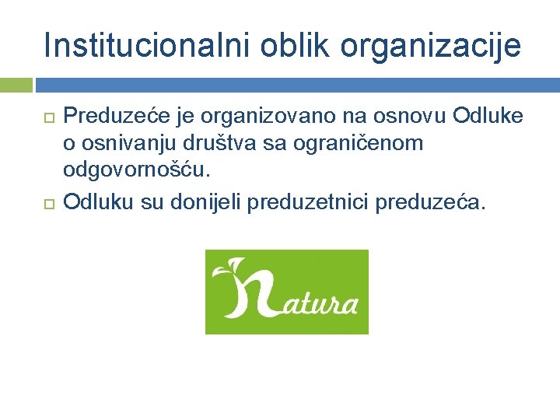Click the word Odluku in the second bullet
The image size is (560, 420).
99,203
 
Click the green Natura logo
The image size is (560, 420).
286,292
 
